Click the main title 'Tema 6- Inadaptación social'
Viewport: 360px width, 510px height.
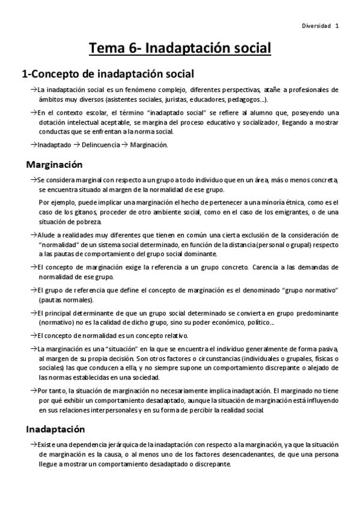click(180, 48)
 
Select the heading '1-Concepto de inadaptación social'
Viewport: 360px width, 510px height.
click(108, 75)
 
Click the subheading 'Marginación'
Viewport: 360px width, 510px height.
click(54, 165)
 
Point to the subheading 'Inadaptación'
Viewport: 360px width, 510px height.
click(55, 429)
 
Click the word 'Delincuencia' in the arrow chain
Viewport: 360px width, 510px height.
click(100, 146)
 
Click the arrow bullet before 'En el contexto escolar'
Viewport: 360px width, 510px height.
click(33, 112)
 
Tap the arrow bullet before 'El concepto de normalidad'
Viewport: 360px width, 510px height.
click(33, 335)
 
